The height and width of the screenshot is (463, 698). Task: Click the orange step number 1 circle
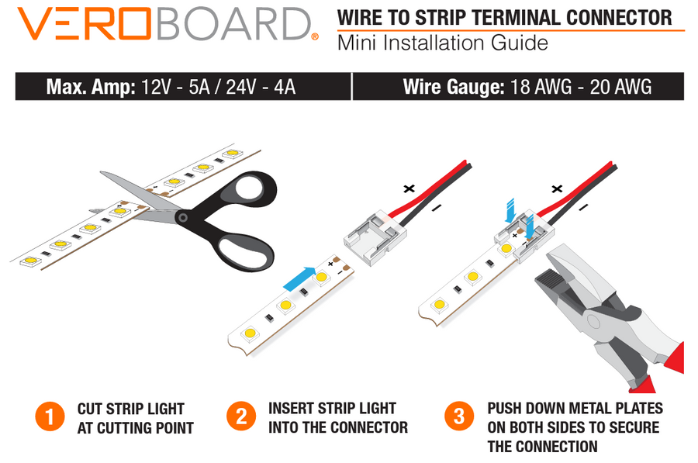pyautogui.click(x=50, y=416)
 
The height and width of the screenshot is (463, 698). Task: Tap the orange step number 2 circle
pyautogui.click(x=241, y=416)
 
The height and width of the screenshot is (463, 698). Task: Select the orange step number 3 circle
pyautogui.click(x=459, y=416)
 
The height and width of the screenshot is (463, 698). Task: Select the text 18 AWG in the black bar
pyautogui.click(x=541, y=86)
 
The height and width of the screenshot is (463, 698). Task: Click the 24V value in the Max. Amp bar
pyautogui.click(x=241, y=87)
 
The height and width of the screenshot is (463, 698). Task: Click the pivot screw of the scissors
pyautogui.click(x=181, y=218)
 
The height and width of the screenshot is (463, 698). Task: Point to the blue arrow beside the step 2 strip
pyautogui.click(x=299, y=278)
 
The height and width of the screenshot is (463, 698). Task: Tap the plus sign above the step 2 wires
pyautogui.click(x=409, y=188)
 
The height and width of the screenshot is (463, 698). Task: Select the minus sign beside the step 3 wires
pyautogui.click(x=583, y=206)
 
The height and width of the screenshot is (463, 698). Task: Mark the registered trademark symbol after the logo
pyautogui.click(x=315, y=36)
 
